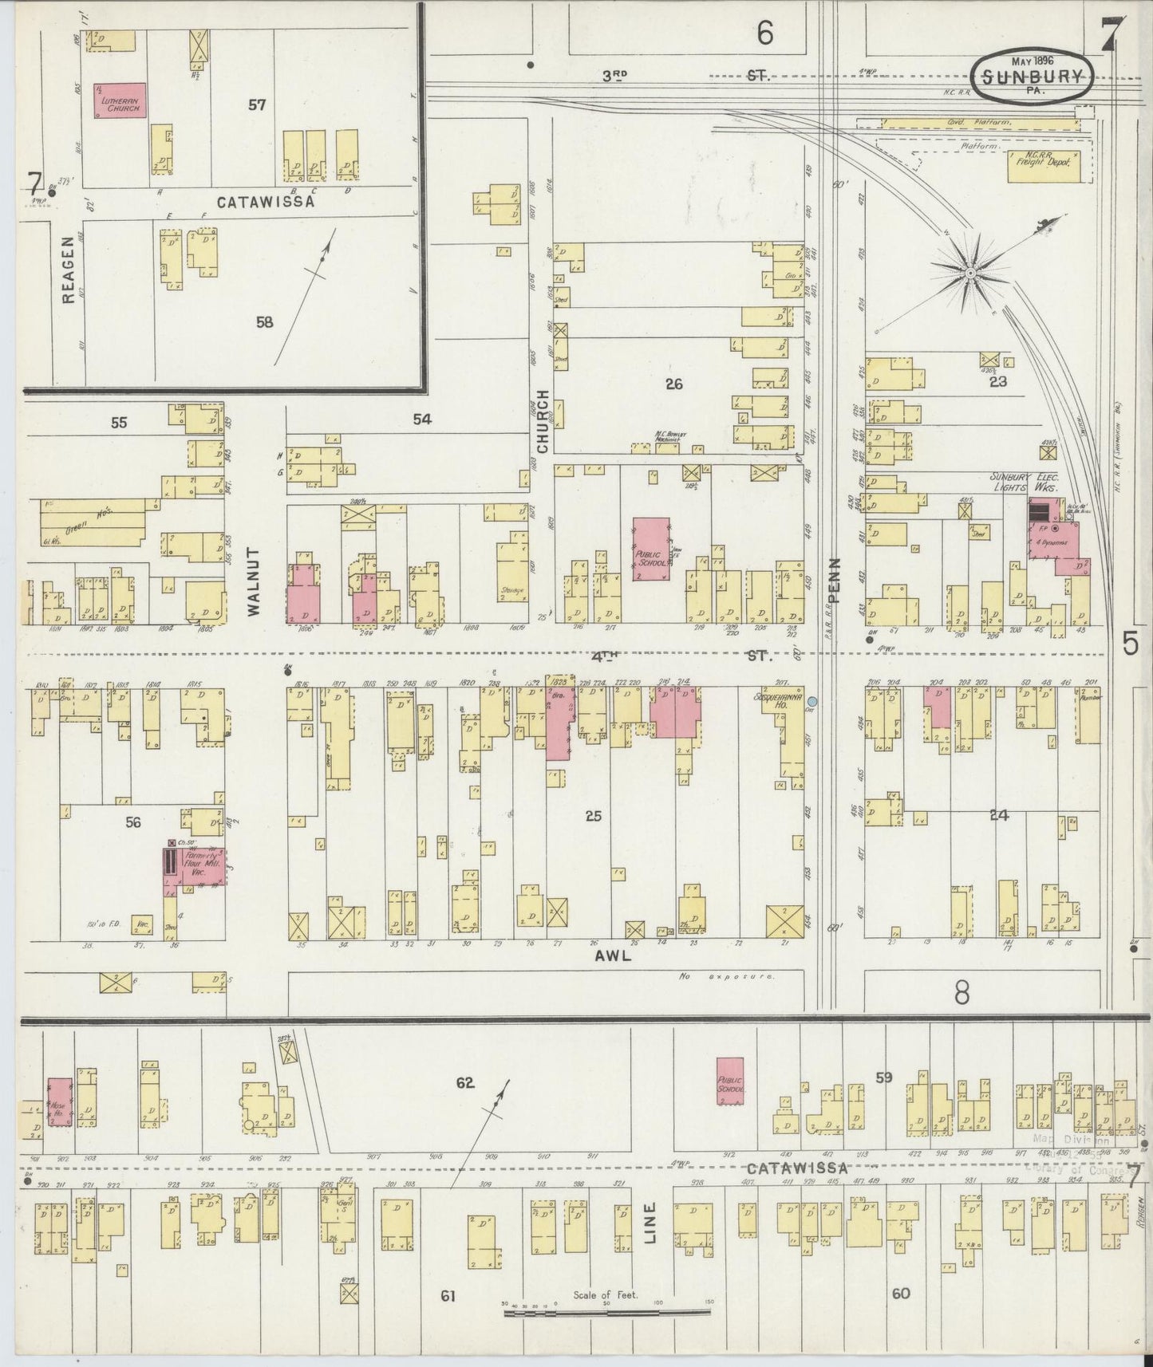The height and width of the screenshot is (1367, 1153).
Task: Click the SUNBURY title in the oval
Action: coord(1033,77)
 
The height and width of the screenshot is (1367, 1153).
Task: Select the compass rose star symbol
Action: coord(969,274)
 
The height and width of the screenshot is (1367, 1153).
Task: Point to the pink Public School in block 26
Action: coord(651,550)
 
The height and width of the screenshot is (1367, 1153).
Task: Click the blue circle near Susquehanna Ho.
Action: coord(812,701)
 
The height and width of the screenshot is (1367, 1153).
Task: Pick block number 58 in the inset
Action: coord(264,321)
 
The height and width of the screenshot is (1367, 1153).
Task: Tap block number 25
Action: coord(592,816)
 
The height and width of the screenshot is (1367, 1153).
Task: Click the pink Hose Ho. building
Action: coord(60,1102)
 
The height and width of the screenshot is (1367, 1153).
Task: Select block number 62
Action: coord(465,1082)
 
